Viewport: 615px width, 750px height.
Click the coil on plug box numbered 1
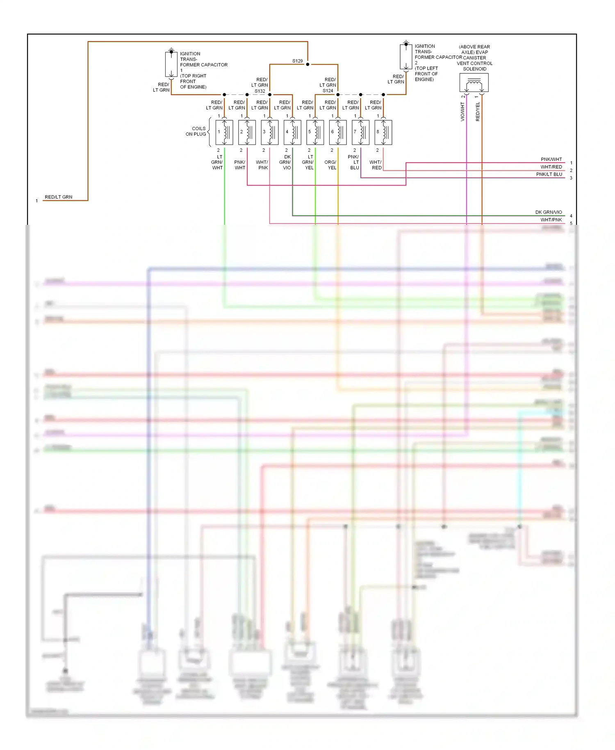click(x=224, y=132)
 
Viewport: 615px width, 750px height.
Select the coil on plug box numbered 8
click(x=383, y=132)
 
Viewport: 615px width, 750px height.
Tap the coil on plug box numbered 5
click(x=315, y=132)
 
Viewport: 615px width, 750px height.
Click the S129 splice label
click(x=297, y=61)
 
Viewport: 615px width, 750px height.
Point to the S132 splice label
click(x=260, y=91)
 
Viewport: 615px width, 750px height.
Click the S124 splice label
click(x=328, y=91)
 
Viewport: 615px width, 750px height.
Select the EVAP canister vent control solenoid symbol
click(x=474, y=83)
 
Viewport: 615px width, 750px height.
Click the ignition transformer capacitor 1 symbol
click(x=171, y=64)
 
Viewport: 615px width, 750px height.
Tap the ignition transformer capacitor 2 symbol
click(x=406, y=56)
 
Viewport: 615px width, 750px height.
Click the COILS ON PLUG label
click(x=196, y=131)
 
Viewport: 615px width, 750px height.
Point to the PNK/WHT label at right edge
click(x=551, y=159)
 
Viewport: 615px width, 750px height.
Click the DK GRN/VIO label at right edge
click(x=548, y=212)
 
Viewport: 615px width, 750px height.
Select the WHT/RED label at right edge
click(x=551, y=167)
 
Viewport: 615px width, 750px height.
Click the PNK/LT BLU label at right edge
click(x=549, y=174)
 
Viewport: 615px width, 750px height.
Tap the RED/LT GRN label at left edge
click(x=58, y=197)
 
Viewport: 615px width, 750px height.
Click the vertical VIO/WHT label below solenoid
click(x=462, y=112)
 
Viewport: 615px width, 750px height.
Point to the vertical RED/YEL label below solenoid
click(x=478, y=112)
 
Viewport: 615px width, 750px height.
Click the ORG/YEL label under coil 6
click(x=330, y=165)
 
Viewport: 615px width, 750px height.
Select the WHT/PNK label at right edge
click(x=551, y=220)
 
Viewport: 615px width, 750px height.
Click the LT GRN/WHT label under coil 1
click(x=217, y=162)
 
